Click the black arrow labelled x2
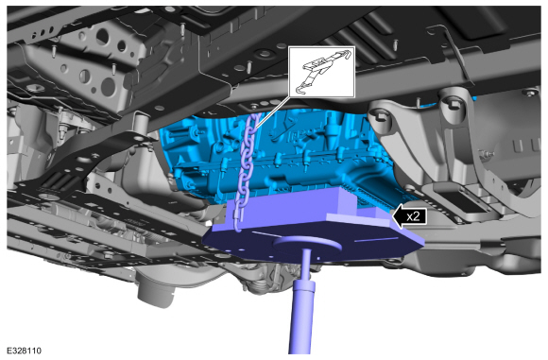[x=409, y=216]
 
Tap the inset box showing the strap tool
[x=321, y=72]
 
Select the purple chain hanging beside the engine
[x=247, y=171]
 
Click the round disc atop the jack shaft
[x=308, y=244]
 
